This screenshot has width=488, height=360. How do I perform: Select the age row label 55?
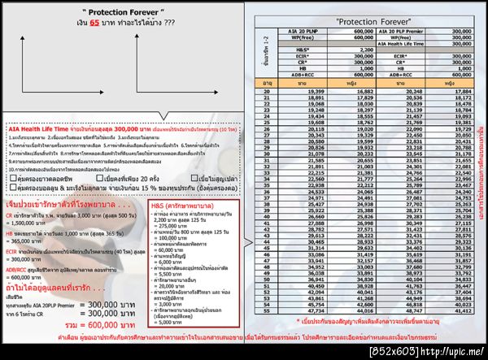pos(267,332)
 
